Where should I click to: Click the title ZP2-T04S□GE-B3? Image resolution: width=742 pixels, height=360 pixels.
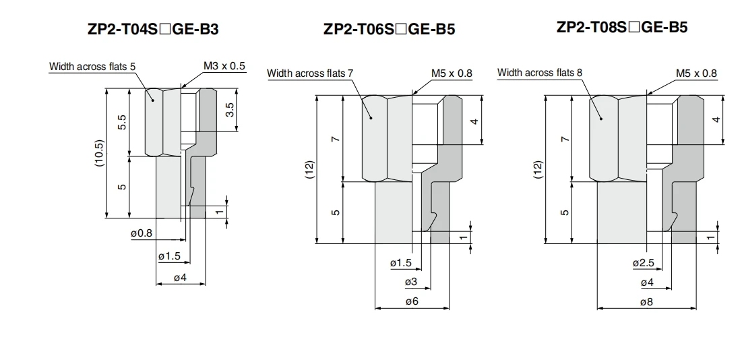(x=153, y=30)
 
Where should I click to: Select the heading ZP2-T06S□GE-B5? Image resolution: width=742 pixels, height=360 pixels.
(x=389, y=29)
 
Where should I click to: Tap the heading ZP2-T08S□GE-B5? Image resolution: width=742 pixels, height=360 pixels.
(x=622, y=27)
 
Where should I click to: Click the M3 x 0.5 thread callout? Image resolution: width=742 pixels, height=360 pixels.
(x=224, y=66)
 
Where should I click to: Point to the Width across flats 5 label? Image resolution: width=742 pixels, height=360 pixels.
(x=92, y=67)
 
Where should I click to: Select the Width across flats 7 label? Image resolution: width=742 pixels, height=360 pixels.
(x=310, y=73)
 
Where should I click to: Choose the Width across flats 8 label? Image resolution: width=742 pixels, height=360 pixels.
(x=540, y=72)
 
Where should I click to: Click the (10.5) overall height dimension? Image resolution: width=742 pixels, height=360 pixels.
(x=99, y=153)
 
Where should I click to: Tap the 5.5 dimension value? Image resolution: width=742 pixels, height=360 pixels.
(x=122, y=123)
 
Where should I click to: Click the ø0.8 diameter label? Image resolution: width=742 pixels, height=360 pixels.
(x=142, y=233)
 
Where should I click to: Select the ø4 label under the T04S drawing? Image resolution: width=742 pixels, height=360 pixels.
(x=181, y=278)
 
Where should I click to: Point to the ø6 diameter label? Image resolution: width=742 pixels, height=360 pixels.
(x=411, y=301)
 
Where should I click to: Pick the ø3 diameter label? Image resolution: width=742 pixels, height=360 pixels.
(x=411, y=282)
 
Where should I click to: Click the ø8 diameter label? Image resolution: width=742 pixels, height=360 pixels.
(x=646, y=302)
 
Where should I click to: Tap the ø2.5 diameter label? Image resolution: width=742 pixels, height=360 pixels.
(x=644, y=262)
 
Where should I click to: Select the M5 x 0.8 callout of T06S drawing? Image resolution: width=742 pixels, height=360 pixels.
(x=452, y=73)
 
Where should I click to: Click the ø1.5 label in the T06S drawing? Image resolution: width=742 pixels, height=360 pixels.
(x=401, y=262)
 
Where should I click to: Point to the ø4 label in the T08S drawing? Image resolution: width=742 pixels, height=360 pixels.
(x=647, y=282)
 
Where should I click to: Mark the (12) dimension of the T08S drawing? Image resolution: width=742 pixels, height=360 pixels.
(x=538, y=169)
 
